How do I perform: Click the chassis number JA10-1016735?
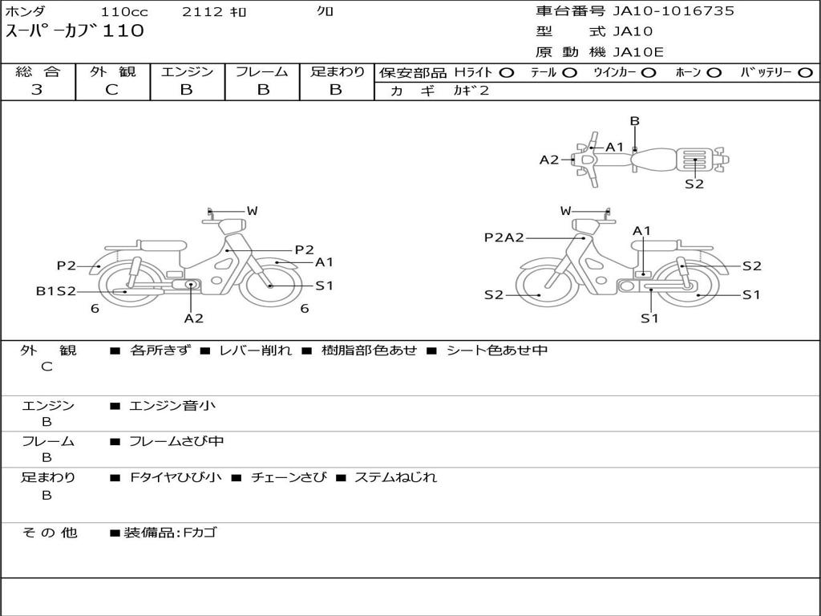[x=673, y=11]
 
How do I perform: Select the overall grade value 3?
[x=37, y=90]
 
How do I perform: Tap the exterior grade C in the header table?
[x=111, y=90]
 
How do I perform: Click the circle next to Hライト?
[x=507, y=73]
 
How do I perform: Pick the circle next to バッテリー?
[x=805, y=73]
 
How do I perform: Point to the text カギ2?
[x=471, y=91]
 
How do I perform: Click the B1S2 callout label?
[x=56, y=291]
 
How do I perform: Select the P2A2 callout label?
[x=504, y=237]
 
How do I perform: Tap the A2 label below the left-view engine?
[x=193, y=318]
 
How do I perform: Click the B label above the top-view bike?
[x=635, y=121]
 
